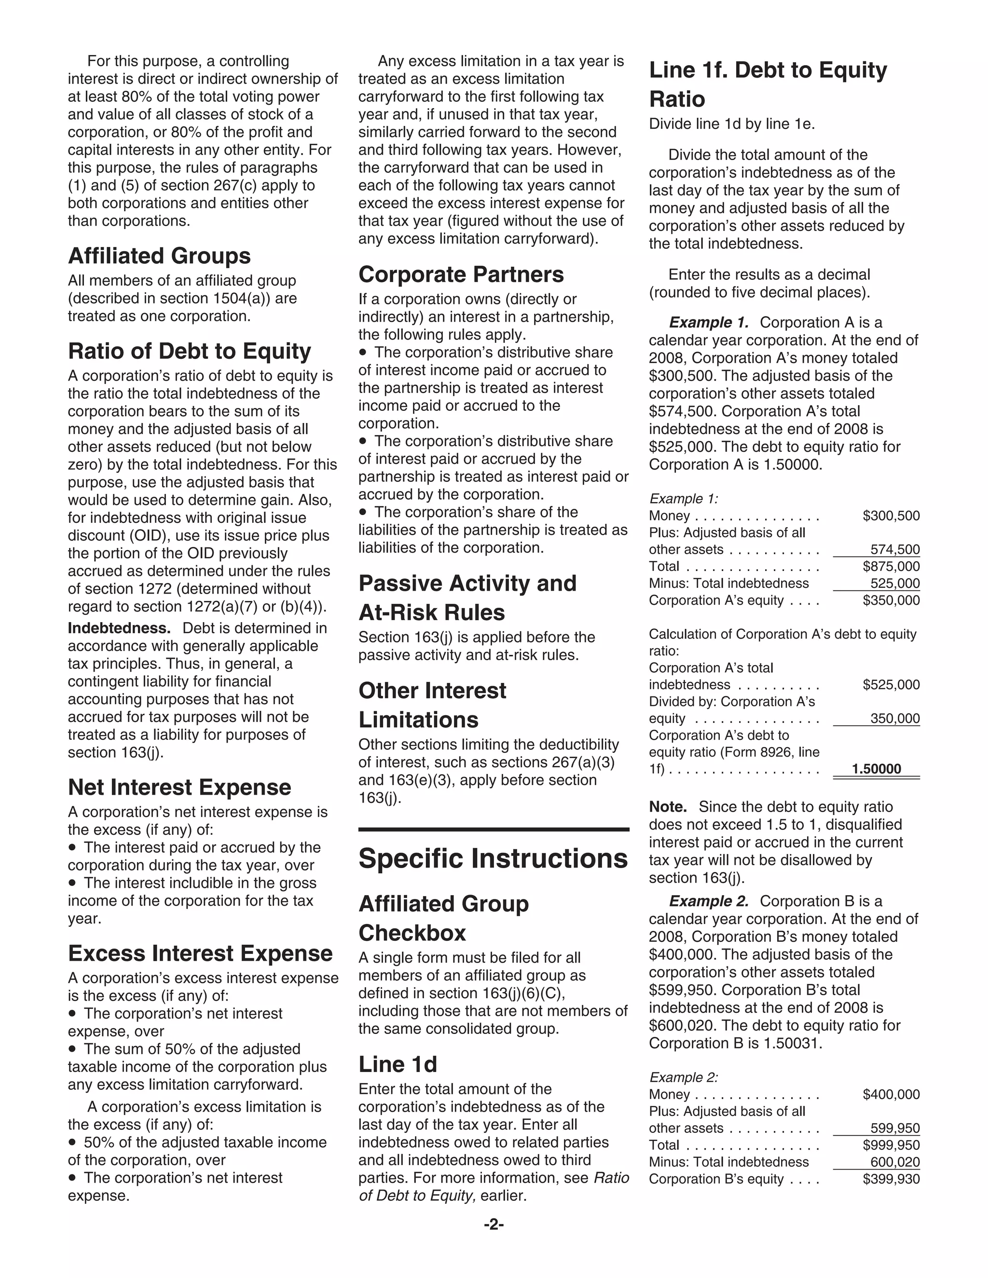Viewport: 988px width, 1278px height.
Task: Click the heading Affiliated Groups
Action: click(x=159, y=256)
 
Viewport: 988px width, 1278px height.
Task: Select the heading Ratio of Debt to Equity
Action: click(x=190, y=351)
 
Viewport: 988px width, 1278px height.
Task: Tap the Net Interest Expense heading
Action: click(x=179, y=787)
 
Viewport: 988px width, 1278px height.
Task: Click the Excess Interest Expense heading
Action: click(x=200, y=953)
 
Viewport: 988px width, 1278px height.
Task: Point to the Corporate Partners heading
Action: click(x=461, y=274)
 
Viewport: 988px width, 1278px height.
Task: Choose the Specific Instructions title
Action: click(x=493, y=858)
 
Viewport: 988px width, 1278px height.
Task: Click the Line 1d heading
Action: click(x=398, y=1064)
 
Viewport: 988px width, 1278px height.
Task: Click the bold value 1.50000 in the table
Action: click(x=876, y=769)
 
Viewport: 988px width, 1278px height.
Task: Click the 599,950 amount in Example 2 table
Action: click(x=895, y=1128)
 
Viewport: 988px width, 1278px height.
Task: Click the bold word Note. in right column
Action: click(x=668, y=807)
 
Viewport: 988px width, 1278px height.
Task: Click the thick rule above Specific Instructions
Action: click(x=494, y=829)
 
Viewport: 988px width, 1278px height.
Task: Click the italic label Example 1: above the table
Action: click(x=683, y=499)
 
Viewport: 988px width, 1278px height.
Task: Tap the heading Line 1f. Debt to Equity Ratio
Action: click(x=768, y=84)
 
